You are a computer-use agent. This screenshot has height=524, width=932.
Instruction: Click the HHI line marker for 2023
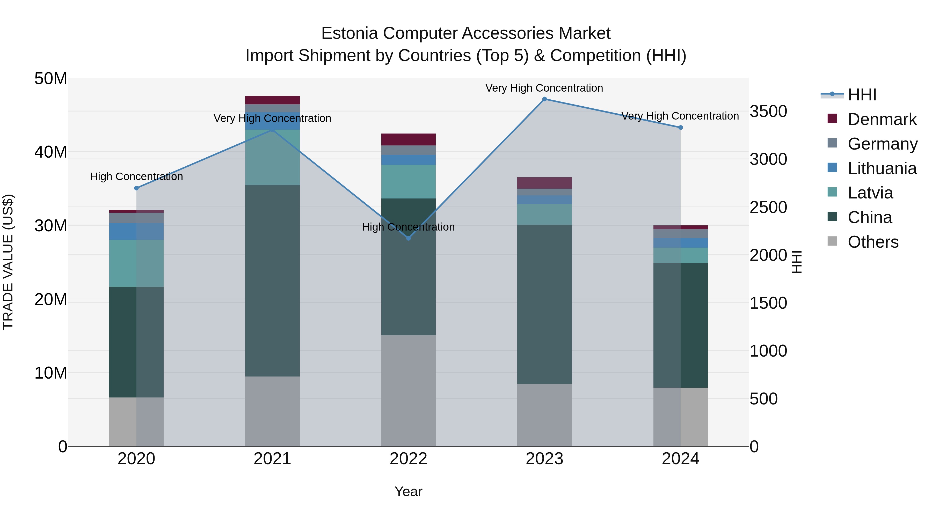point(544,99)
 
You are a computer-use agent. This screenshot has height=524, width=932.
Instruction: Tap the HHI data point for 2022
point(409,238)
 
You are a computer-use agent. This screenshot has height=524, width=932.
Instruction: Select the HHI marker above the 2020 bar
point(136,188)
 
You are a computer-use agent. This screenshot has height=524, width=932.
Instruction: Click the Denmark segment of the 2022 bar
point(409,139)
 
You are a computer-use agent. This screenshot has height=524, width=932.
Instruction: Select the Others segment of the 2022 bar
point(409,390)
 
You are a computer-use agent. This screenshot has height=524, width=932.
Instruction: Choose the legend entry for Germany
point(882,144)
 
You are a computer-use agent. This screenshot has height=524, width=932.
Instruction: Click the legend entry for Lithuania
point(882,168)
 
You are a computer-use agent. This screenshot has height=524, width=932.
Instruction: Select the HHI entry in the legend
point(862,95)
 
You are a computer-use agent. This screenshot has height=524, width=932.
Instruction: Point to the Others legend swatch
point(832,241)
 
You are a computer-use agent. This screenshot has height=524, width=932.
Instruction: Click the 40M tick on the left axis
point(51,152)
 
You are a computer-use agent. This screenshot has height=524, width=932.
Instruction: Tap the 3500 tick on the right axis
point(768,111)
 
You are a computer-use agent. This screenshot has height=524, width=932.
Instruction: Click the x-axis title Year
point(409,491)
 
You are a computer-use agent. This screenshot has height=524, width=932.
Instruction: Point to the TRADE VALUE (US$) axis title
point(8,262)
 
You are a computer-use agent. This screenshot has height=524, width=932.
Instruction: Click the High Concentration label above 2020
point(136,176)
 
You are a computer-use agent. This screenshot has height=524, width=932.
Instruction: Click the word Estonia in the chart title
point(349,33)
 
